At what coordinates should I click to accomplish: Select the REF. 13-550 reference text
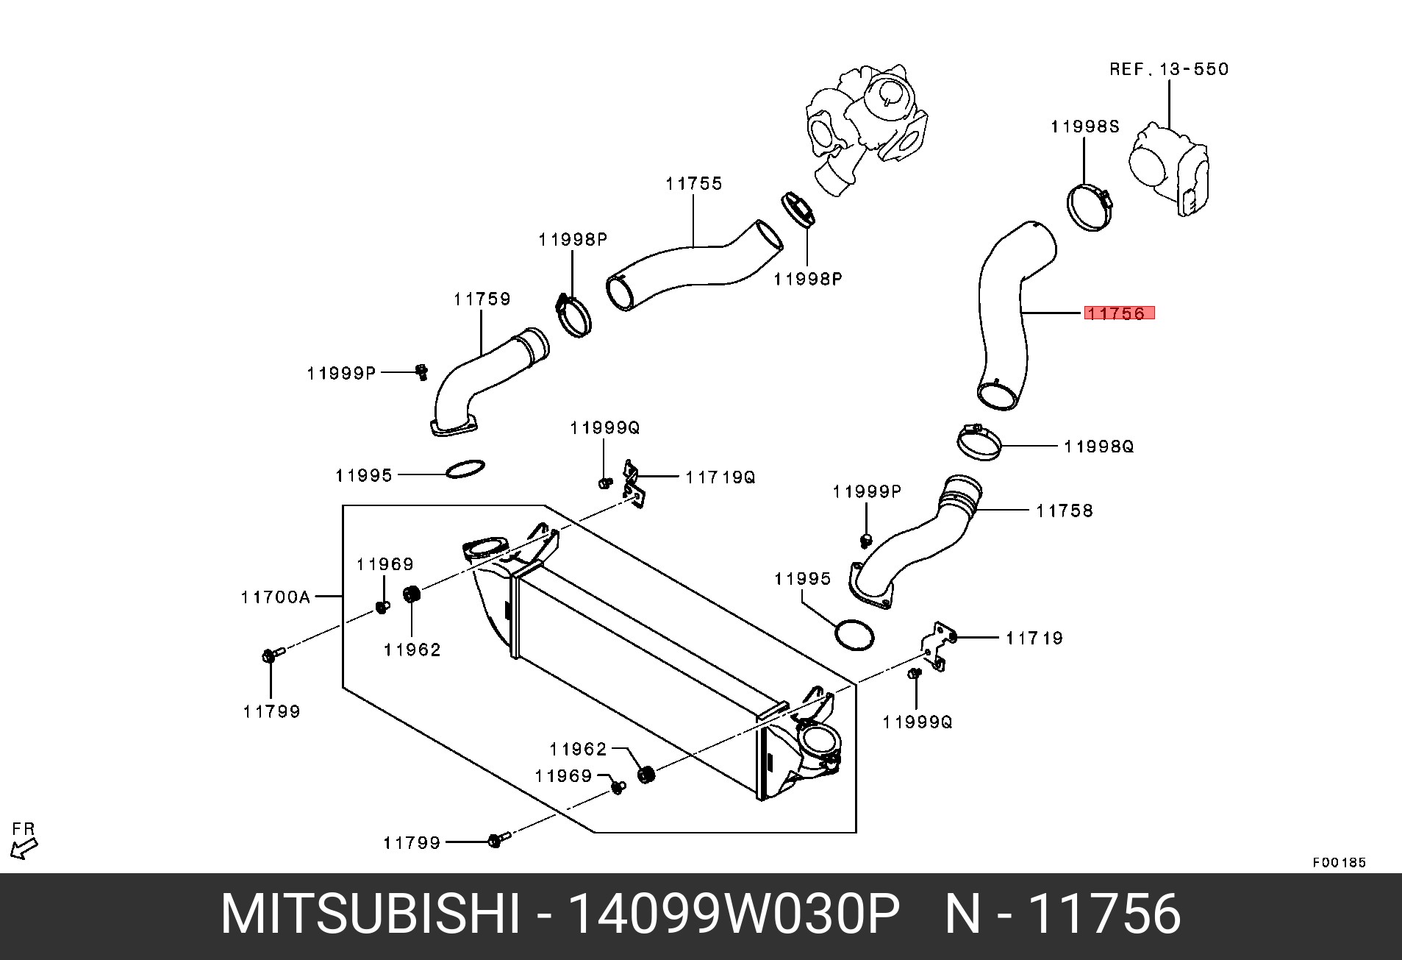[1168, 69]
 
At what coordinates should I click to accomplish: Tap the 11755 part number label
[694, 183]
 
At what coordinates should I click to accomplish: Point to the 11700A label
[276, 597]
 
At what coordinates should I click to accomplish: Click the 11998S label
[1084, 127]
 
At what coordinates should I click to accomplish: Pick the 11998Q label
[1098, 446]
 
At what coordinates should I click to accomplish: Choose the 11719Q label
[720, 477]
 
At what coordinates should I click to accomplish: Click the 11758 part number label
[1064, 510]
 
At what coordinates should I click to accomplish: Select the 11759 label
[482, 299]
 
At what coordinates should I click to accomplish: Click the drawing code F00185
[1339, 862]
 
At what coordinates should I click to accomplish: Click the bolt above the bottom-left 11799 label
[268, 655]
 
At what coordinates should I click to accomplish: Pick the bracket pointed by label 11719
[937, 645]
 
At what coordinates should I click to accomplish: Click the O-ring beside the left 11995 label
[465, 468]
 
